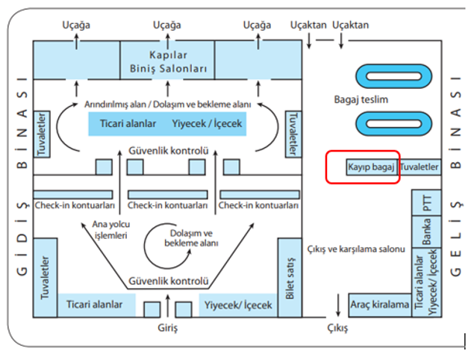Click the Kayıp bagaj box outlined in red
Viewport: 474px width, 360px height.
tap(369, 167)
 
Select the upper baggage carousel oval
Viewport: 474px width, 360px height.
tap(393, 75)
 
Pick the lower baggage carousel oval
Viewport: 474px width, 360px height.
tap(393, 124)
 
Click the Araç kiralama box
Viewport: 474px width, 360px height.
tap(379, 305)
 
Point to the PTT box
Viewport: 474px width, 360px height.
tap(427, 204)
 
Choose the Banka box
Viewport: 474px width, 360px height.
tap(427, 234)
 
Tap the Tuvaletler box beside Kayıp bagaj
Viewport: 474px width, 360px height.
tap(420, 167)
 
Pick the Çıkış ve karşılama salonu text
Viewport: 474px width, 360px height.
tap(355, 249)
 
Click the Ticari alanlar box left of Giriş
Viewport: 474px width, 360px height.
tap(94, 305)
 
